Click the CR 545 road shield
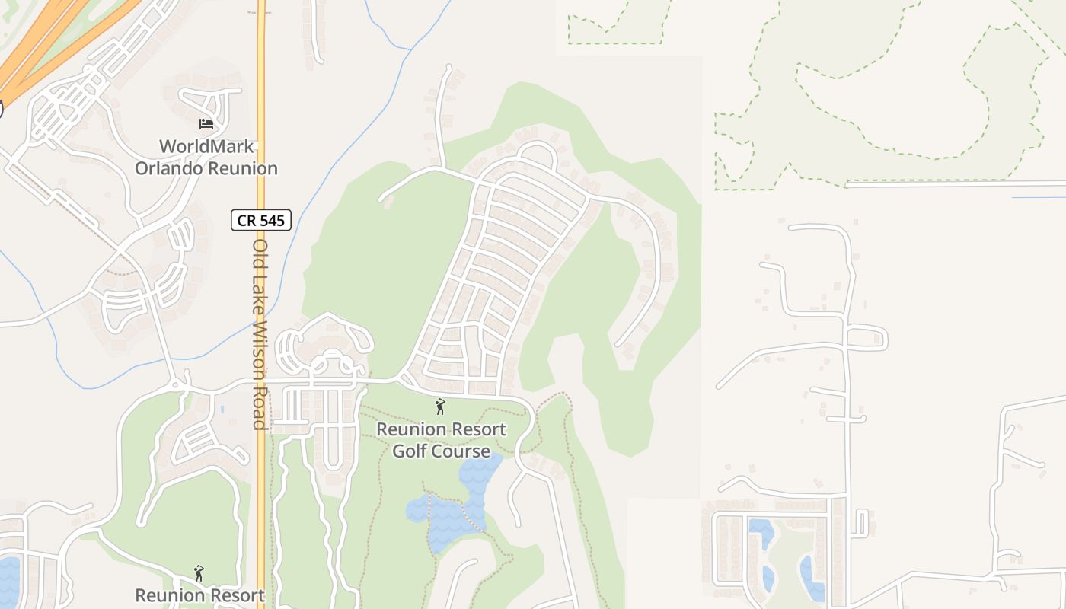click(x=261, y=221)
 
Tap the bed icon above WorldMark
click(x=206, y=123)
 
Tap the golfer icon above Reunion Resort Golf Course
click(x=439, y=407)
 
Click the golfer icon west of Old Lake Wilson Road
click(x=199, y=573)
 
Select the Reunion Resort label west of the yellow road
click(x=199, y=595)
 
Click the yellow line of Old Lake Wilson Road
click(x=260, y=114)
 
